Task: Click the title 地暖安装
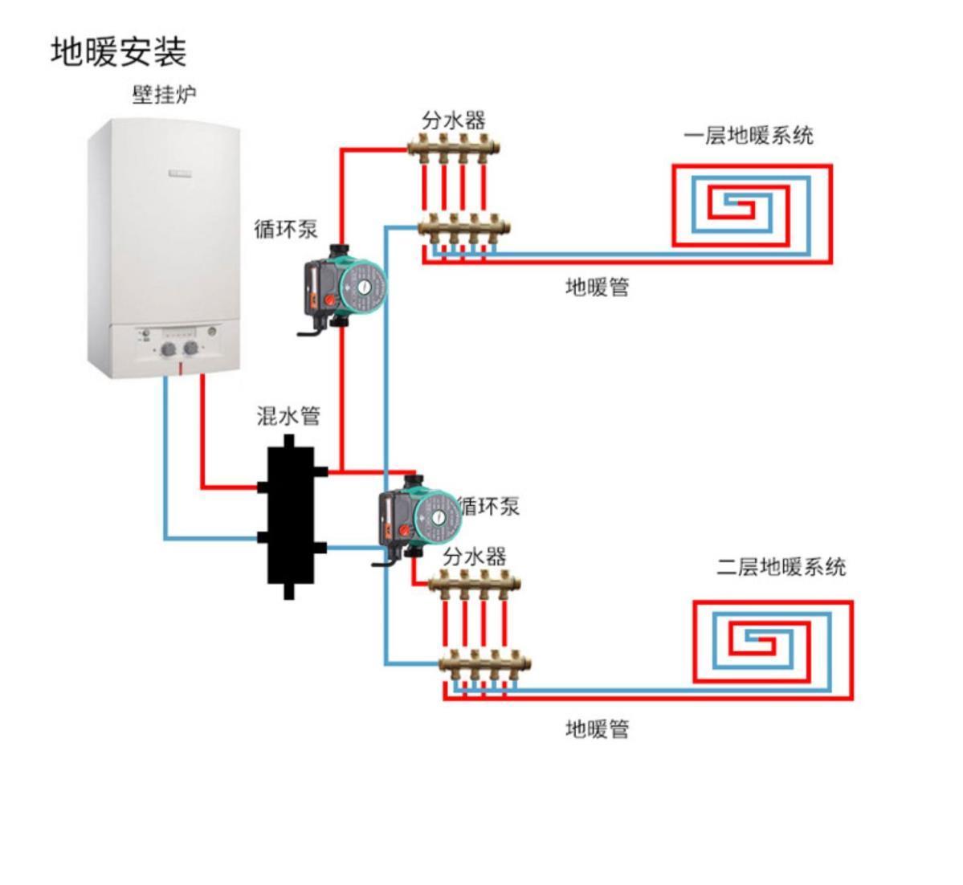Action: pyautogui.click(x=119, y=52)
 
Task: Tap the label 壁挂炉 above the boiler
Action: pyautogui.click(x=164, y=96)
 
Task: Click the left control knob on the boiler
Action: pyautogui.click(x=169, y=349)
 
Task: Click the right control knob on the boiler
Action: pyautogui.click(x=191, y=349)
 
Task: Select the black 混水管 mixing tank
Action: pyautogui.click(x=290, y=517)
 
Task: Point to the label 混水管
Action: pyautogui.click(x=288, y=415)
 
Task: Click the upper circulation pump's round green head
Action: pyautogui.click(x=361, y=288)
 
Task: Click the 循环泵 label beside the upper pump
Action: pyautogui.click(x=286, y=229)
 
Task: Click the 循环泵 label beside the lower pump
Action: pyautogui.click(x=489, y=506)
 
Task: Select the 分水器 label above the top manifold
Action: pyautogui.click(x=454, y=120)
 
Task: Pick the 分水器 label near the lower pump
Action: pyautogui.click(x=474, y=557)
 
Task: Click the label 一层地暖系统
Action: pyautogui.click(x=748, y=135)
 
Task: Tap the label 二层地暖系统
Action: pyautogui.click(x=781, y=567)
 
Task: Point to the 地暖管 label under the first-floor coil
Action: pyautogui.click(x=597, y=287)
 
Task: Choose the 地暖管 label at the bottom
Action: pyautogui.click(x=597, y=729)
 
